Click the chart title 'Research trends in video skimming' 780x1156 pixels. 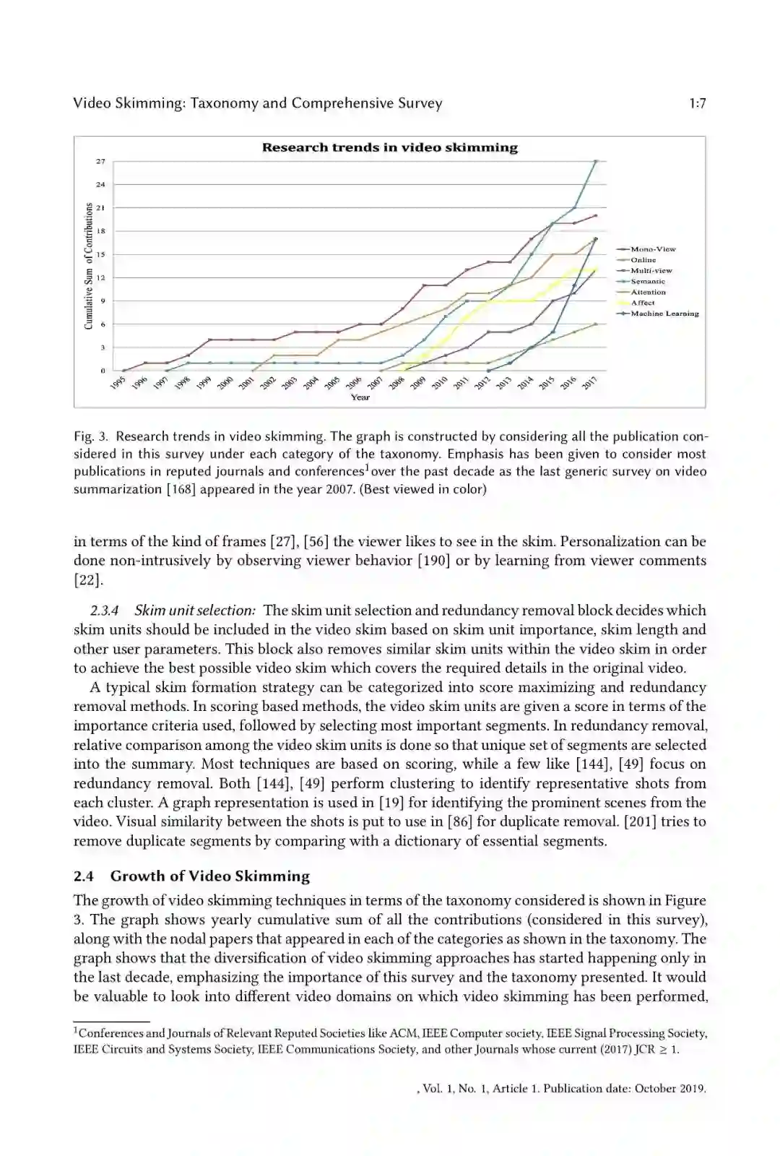pos(389,147)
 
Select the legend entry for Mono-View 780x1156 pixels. pos(652,249)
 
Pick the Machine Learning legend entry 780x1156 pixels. pos(664,314)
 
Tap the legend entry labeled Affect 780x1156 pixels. pos(642,303)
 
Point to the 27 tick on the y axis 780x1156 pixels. pos(100,161)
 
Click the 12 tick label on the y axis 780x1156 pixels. pos(100,277)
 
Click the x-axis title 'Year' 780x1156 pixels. pos(360,397)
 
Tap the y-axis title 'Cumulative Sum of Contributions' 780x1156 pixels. pos(88,266)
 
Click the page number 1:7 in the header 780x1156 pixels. pos(697,103)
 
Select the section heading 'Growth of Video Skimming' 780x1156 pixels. pos(209,876)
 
